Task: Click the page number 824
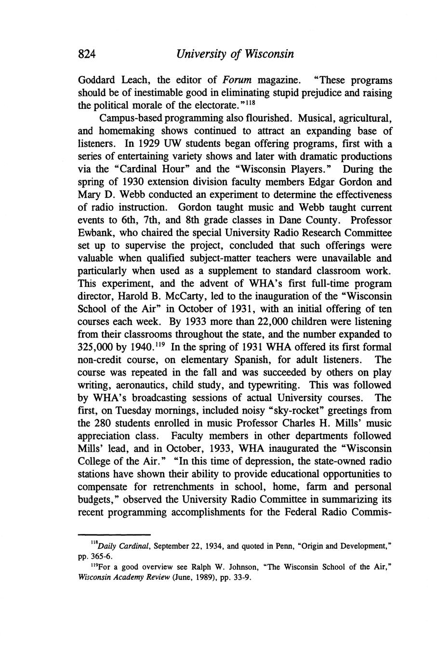(87, 53)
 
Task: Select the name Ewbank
(95, 234)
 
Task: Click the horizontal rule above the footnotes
(115, 534)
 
